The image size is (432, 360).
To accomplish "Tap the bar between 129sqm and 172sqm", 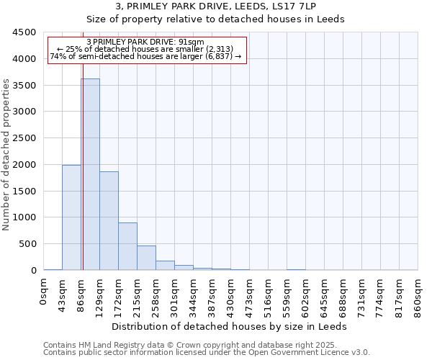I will point(109,220).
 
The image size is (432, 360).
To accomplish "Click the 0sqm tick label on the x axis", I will point(44,294).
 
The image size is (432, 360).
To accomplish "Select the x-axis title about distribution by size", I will point(230,326).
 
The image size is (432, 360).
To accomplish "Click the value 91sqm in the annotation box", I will point(194,42).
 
